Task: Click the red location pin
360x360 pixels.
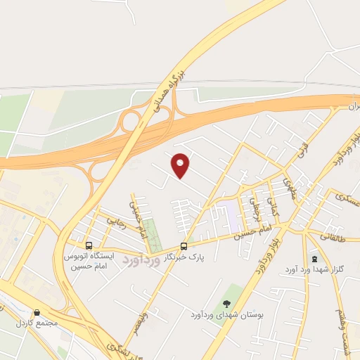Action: (x=181, y=165)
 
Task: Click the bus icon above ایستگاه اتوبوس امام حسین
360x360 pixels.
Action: (x=89, y=245)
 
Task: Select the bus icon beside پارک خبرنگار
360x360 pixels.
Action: (x=184, y=246)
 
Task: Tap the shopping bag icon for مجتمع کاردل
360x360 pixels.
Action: (x=37, y=313)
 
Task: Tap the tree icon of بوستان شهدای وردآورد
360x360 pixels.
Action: (x=226, y=304)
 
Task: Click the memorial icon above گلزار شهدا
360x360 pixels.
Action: (x=313, y=258)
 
